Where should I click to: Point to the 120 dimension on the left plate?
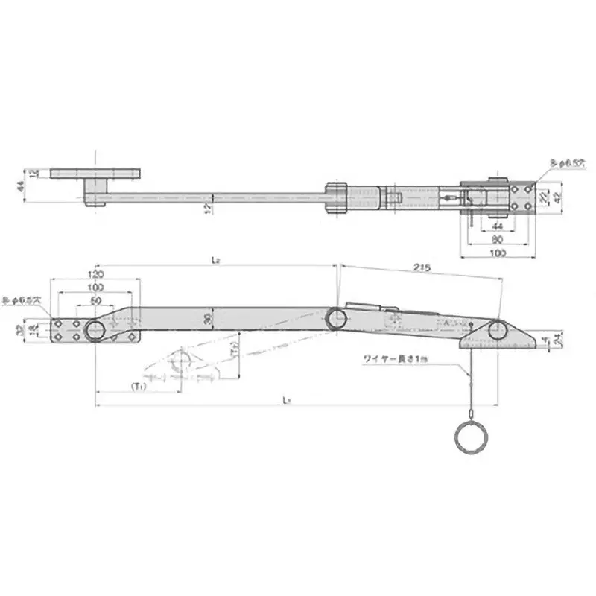click(x=96, y=274)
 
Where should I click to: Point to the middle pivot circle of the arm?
click(x=336, y=318)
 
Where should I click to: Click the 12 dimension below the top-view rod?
click(x=211, y=208)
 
